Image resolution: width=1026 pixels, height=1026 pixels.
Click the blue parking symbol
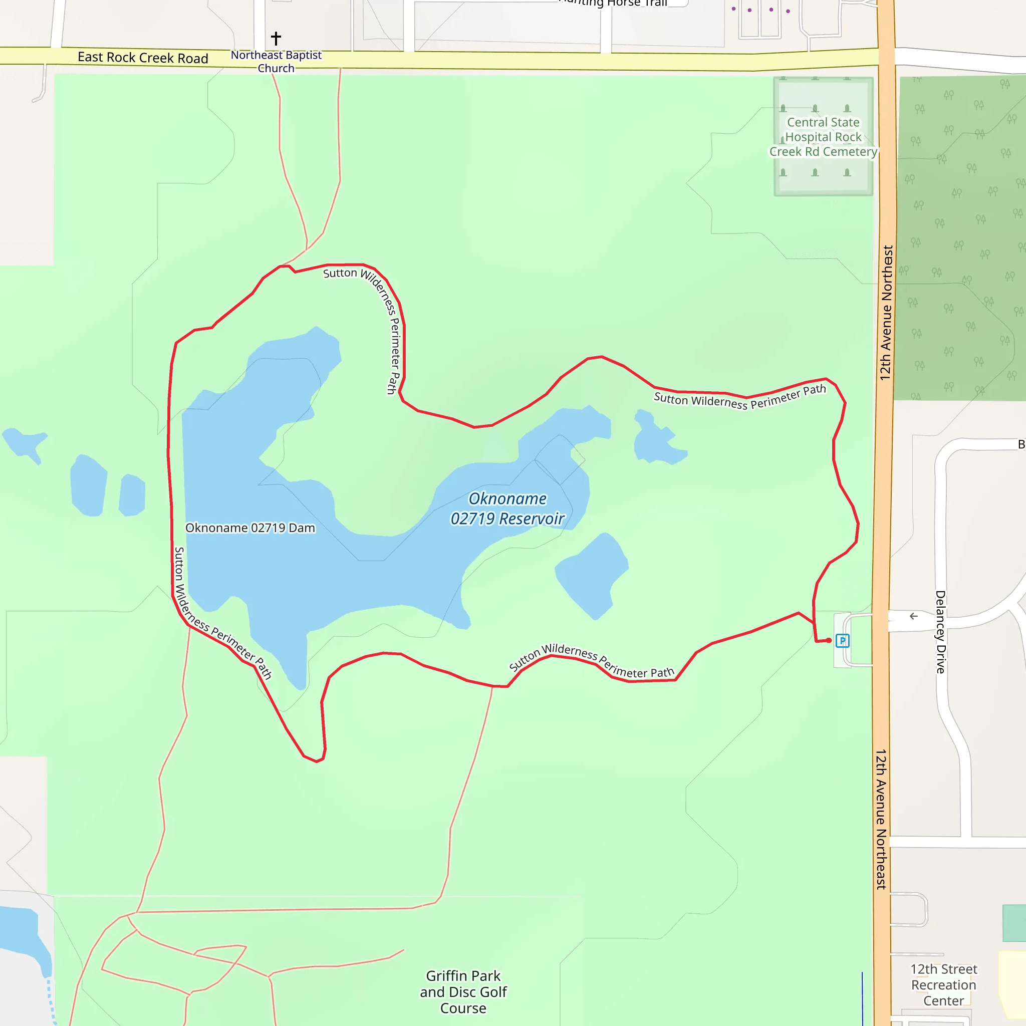point(842,641)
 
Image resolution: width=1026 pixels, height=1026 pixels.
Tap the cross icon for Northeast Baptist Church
point(276,38)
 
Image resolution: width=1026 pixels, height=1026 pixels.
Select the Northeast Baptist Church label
point(276,62)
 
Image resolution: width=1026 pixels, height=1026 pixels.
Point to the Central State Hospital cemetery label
point(823,137)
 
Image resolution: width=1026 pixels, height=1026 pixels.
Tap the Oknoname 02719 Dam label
point(250,528)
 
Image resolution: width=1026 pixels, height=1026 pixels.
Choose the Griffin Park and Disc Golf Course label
point(463,991)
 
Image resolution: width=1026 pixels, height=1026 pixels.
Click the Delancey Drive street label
point(940,632)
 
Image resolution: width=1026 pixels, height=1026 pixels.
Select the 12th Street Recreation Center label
point(944,984)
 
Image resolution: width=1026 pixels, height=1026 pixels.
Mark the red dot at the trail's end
point(829,640)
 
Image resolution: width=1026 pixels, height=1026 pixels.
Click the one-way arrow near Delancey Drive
point(913,616)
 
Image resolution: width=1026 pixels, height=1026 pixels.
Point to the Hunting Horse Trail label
point(613,3)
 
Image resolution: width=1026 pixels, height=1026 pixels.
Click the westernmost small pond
point(24,443)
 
